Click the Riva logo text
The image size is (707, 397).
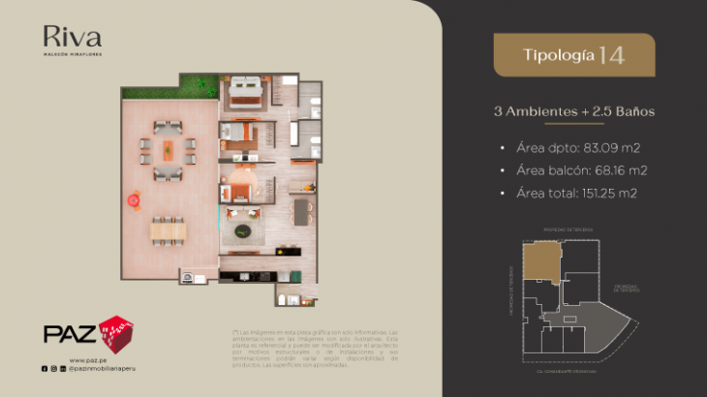(72, 38)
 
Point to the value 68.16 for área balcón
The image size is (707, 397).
(616, 170)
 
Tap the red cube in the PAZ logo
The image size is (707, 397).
(115, 332)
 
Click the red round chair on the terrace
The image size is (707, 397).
(133, 199)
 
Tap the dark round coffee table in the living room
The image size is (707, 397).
(243, 231)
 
